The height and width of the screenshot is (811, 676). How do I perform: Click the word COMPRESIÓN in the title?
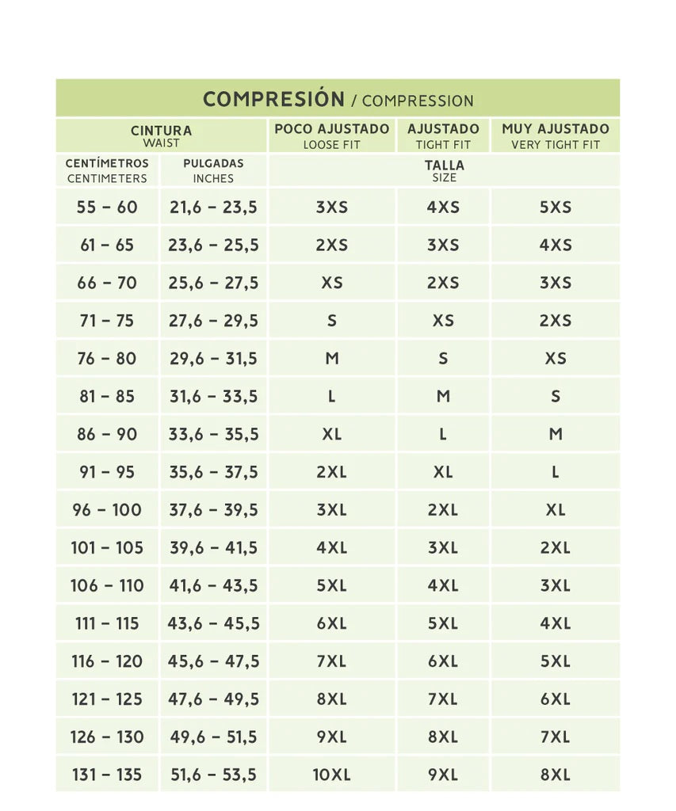point(273,99)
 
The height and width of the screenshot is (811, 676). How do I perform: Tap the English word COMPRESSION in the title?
point(418,101)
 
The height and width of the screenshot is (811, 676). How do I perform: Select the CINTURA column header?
point(161,131)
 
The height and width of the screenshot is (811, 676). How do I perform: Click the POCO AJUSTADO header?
point(331,129)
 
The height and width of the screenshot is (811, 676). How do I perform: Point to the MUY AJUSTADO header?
point(556,129)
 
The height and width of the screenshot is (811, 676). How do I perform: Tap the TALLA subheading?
point(444,166)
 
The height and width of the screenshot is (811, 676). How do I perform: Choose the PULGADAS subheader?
point(213,164)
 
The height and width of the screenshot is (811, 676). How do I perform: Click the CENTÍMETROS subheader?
point(107,164)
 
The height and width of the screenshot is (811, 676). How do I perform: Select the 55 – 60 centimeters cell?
point(107,208)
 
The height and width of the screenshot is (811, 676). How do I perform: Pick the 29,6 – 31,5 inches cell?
point(213,359)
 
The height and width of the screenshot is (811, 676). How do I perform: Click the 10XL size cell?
point(331,775)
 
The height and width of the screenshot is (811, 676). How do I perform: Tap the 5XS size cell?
point(556,208)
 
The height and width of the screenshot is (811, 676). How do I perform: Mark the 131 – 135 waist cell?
point(107,775)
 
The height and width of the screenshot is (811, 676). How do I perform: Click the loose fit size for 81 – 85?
point(331,396)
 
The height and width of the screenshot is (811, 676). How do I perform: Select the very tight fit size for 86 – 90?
point(556,434)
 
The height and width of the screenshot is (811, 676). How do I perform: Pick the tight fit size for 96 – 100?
point(443,510)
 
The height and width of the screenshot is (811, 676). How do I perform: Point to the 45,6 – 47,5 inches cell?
point(213,661)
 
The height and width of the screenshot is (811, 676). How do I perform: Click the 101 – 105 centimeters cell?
point(107,547)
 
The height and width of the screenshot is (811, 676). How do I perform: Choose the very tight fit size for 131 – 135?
point(556,775)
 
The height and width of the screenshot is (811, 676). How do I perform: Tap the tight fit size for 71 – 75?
point(443,321)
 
